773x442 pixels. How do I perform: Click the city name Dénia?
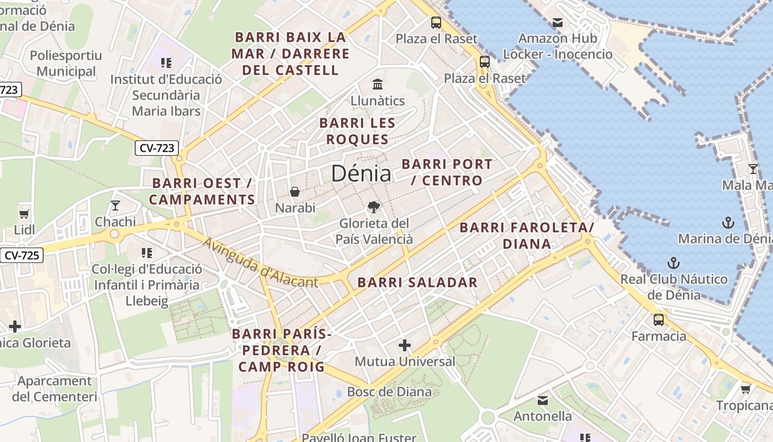pos(361,173)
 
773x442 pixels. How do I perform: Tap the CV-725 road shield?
pos(22,255)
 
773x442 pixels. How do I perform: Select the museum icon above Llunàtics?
pos(378,85)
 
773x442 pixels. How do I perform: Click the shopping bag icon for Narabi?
pos(295,192)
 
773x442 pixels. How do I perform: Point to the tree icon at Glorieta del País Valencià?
pos(374,207)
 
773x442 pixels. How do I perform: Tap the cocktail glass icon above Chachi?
pos(115,206)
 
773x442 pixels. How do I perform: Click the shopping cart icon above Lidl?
pos(24,214)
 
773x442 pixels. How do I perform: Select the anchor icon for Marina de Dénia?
pos(728,223)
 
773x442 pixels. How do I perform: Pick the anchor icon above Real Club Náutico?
pos(673,262)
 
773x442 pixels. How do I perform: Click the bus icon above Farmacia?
pos(658,319)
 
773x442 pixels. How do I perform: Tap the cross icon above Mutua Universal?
pos(405,345)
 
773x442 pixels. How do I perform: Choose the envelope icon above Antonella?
pos(543,400)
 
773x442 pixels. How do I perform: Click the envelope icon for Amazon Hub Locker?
pos(558,23)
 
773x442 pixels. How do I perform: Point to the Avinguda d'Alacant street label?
pos(260,263)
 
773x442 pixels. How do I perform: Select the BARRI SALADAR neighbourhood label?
pos(417,282)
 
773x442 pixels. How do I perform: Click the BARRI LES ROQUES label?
pos(357,131)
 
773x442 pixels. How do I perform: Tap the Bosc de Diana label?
pos(389,392)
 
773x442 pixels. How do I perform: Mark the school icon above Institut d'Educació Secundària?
pos(166,63)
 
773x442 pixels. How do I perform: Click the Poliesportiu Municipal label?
pos(66,64)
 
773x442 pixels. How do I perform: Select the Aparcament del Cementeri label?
pos(55,389)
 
